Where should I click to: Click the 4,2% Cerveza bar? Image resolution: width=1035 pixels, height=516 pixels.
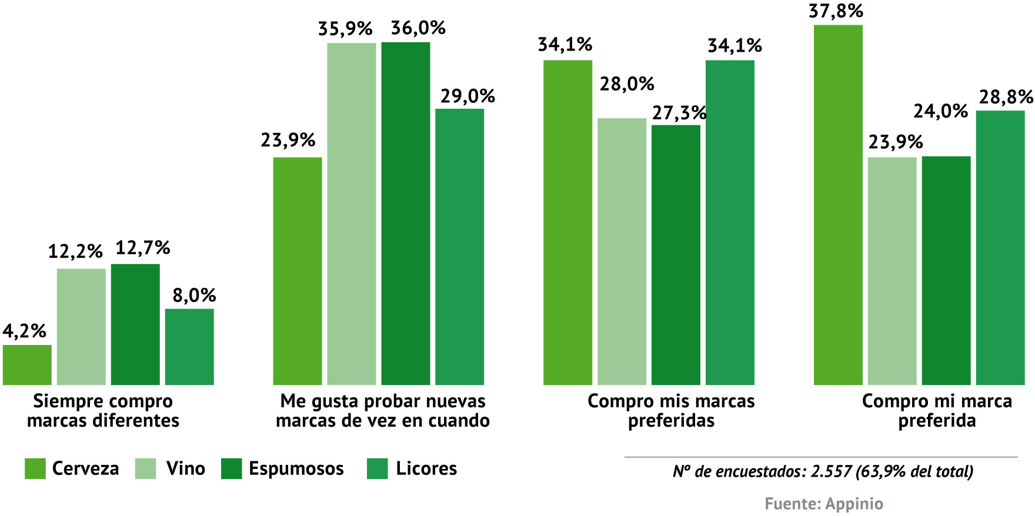coord(27,365)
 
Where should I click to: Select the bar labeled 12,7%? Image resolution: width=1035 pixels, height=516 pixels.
coord(135,324)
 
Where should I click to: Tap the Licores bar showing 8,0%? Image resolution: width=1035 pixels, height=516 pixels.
coord(189,347)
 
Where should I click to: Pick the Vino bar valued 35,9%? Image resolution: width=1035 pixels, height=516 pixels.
coord(352,214)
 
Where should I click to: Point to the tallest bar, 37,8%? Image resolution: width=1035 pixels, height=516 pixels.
coord(838,205)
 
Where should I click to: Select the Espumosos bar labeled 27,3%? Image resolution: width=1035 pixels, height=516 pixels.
coord(676,255)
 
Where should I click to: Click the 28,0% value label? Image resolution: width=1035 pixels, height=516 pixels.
coord(627,84)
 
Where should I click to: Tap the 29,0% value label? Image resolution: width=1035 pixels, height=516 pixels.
coord(468,96)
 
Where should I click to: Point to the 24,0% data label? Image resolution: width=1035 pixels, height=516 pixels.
coord(940,111)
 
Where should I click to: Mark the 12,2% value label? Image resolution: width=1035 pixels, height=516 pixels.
coord(75,252)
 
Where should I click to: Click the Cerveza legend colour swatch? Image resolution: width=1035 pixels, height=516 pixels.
coord(35,469)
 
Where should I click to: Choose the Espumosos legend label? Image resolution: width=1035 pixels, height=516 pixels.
coord(296,468)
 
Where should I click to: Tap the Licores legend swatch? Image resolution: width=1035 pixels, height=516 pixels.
coord(377,469)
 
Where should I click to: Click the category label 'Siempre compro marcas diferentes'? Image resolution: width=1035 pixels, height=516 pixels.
coord(103,411)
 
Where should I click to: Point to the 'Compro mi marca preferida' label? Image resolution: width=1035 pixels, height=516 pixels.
coord(937,411)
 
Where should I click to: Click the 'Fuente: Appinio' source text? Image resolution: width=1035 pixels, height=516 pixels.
coord(823,504)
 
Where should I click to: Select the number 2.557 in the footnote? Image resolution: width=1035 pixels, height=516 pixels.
coord(832,471)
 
